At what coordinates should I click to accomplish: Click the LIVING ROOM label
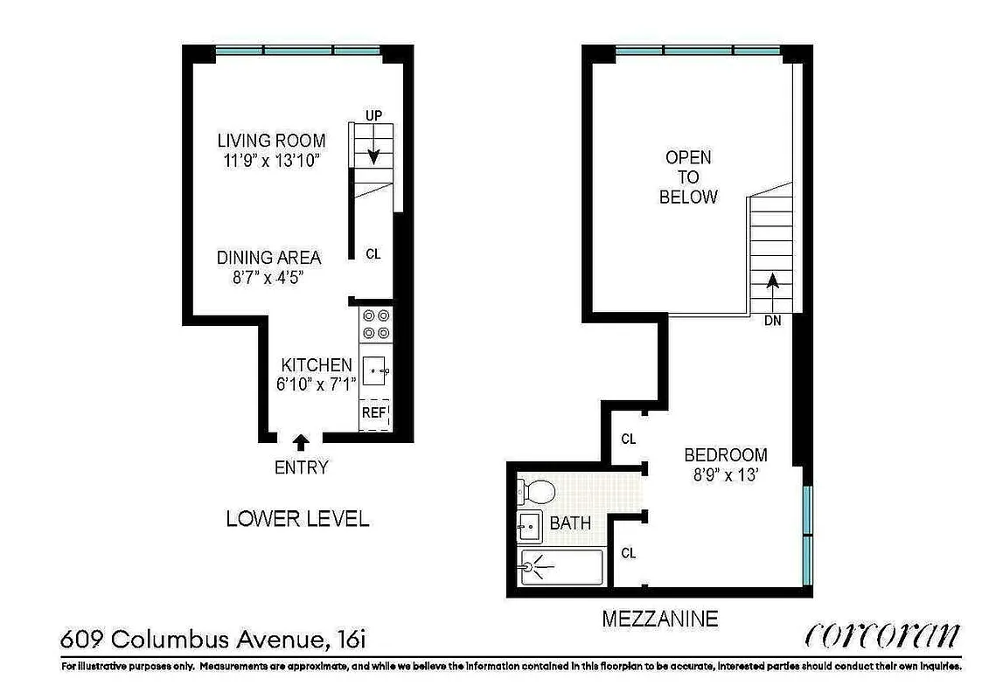click(271, 141)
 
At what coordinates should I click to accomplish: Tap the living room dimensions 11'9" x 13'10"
click(271, 161)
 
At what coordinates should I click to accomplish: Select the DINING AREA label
click(268, 258)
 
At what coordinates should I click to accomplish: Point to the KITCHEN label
click(316, 365)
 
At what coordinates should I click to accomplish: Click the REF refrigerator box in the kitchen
click(375, 413)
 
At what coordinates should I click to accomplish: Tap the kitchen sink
click(377, 371)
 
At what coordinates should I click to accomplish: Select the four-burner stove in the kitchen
click(377, 324)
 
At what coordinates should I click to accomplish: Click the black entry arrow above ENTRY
click(301, 442)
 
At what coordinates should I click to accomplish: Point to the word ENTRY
click(301, 467)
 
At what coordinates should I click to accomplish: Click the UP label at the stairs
click(373, 115)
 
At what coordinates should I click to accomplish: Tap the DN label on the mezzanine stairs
click(771, 321)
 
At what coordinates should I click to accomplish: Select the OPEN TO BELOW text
click(688, 177)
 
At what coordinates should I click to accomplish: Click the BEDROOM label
click(725, 455)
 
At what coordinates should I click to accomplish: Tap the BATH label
click(570, 524)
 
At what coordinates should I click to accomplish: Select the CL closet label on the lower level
click(373, 254)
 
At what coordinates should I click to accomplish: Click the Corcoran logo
click(881, 634)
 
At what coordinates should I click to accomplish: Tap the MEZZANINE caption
click(659, 619)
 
